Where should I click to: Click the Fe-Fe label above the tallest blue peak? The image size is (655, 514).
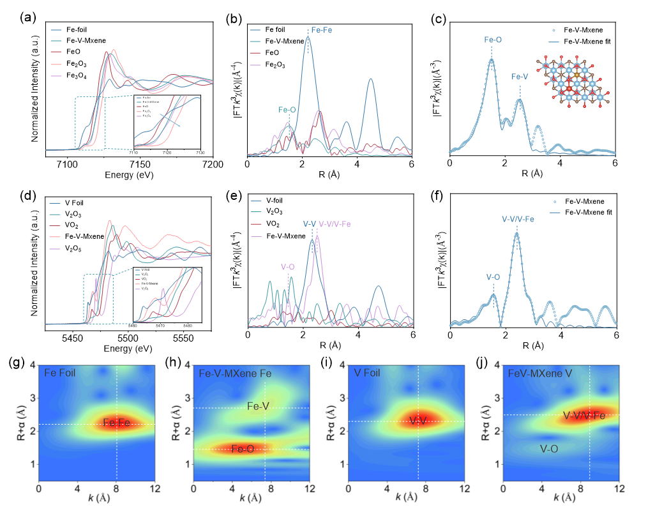pos(320,30)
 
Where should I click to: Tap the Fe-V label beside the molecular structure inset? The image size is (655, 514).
pos(520,77)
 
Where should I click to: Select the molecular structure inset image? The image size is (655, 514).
pos(573,81)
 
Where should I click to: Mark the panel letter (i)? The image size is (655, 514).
pos(327,363)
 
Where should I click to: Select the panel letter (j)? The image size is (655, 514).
pos(482,363)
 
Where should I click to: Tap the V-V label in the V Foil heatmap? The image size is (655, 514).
pos(418,421)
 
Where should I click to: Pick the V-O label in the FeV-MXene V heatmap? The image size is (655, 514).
pos(549,449)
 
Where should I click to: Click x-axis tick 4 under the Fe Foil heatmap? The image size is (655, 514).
pos(78,488)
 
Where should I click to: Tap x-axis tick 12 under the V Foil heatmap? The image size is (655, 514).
pos(464,488)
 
